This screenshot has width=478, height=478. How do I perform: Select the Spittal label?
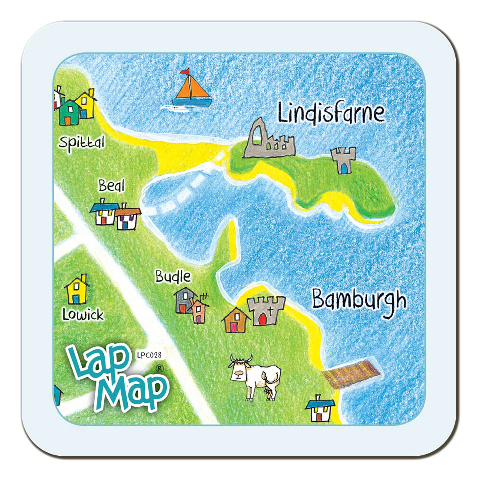[x=82, y=142]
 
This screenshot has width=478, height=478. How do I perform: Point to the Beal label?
[x=111, y=186]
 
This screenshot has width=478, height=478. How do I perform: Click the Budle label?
[x=173, y=276]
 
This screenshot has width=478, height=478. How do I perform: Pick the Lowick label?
[x=83, y=315]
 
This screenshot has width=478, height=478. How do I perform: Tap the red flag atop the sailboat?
[x=185, y=71]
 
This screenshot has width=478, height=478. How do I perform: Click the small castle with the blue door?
[x=343, y=160]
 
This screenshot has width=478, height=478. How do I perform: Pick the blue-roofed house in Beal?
[x=104, y=212]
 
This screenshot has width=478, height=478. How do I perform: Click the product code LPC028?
[x=149, y=355]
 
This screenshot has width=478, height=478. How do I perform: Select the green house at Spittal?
[x=70, y=113]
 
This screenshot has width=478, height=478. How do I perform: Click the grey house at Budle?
[x=184, y=300]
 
